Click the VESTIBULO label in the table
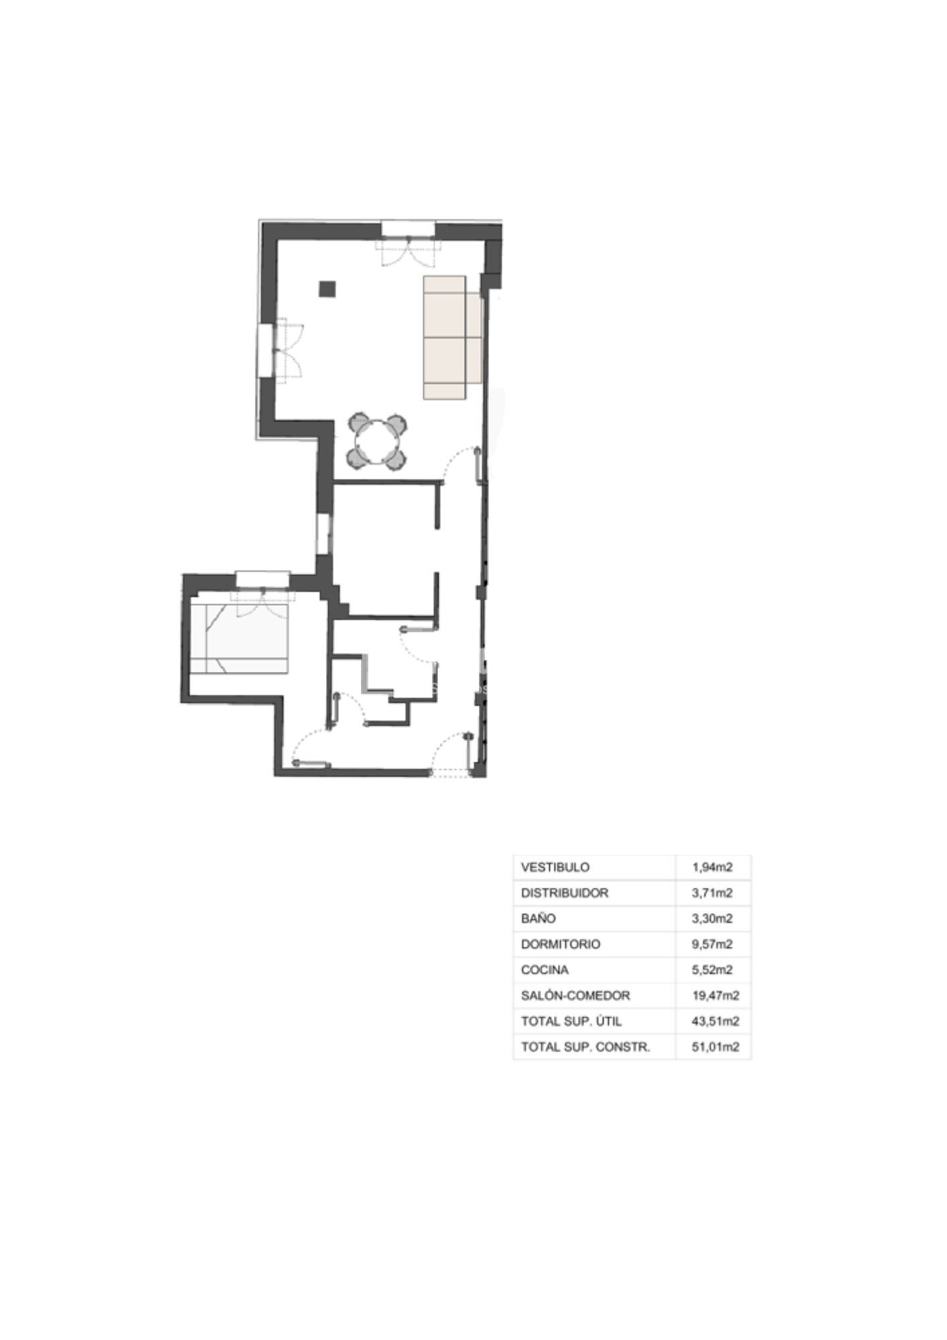click(x=555, y=867)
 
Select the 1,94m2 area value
click(x=713, y=867)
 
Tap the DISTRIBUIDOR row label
click(x=565, y=892)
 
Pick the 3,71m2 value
click(x=713, y=892)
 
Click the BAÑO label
click(x=538, y=919)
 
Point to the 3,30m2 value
click(x=713, y=919)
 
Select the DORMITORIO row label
click(x=561, y=944)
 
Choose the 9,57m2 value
click(x=713, y=944)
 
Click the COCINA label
click(x=544, y=969)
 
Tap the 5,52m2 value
click(x=713, y=969)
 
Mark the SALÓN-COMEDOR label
click(x=575, y=995)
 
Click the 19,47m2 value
click(x=715, y=996)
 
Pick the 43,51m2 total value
click(x=715, y=1021)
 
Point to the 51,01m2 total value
click(x=715, y=1047)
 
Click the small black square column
click(x=327, y=289)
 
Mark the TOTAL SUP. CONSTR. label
click(x=585, y=1047)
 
